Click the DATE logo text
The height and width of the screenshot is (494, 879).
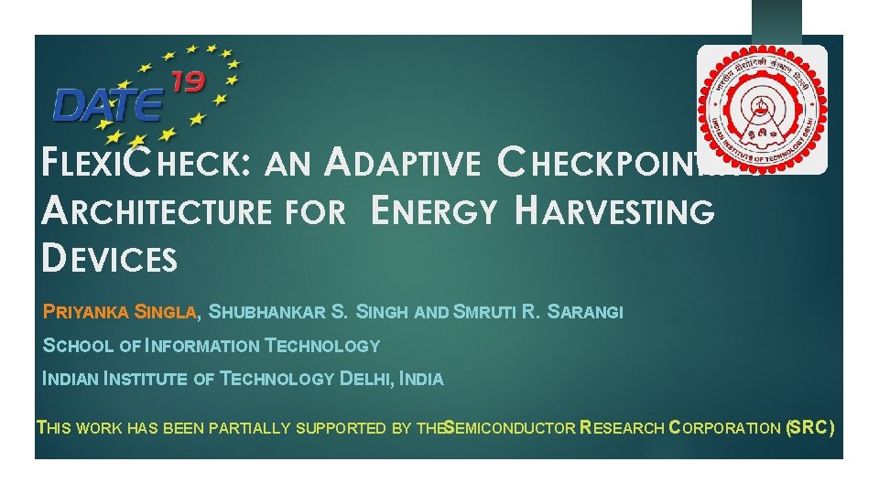107,102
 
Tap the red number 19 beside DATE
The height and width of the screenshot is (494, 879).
186,83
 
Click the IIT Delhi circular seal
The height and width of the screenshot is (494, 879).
762,110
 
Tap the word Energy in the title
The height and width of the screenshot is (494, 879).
435,211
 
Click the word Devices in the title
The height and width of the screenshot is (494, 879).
110,259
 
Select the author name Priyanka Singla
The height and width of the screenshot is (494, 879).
120,312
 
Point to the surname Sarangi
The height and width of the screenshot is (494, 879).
585,312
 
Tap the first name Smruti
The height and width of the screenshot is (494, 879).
485,312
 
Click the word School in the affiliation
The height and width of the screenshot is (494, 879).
77,346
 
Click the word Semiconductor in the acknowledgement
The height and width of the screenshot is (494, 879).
509,427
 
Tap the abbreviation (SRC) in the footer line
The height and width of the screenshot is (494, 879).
809,427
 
